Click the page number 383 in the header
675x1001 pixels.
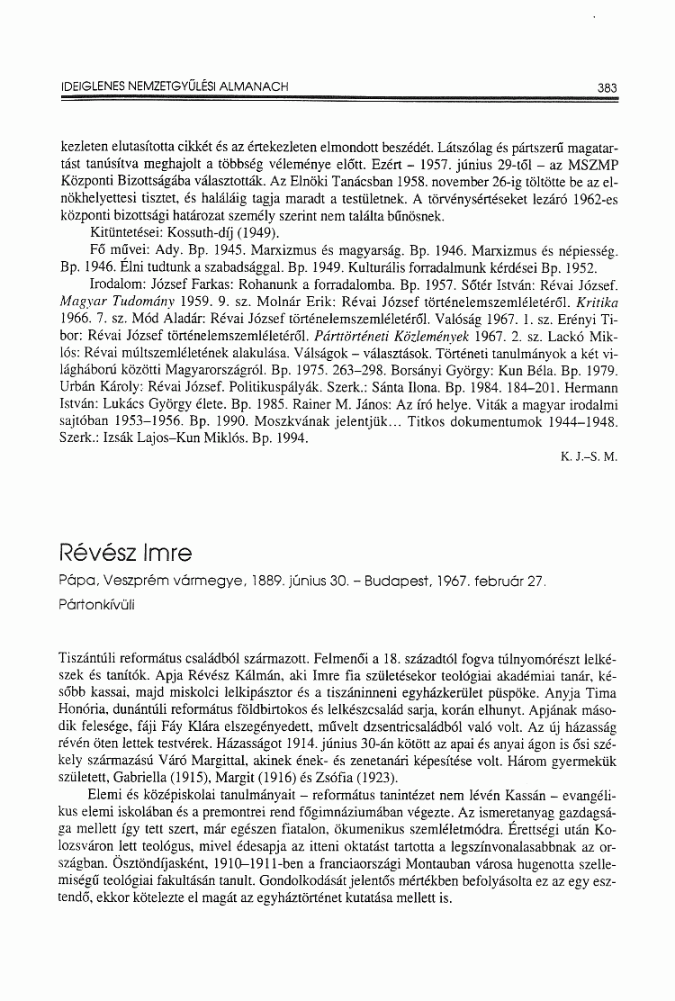point(606,87)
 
